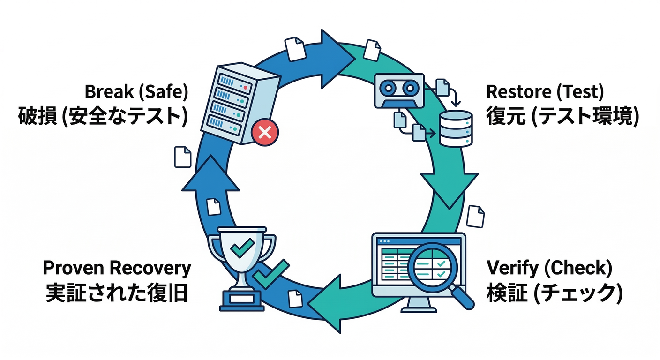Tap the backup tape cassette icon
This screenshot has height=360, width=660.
(x=399, y=90)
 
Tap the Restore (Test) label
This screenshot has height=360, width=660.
(x=545, y=93)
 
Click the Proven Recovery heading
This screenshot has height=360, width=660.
(x=117, y=268)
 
